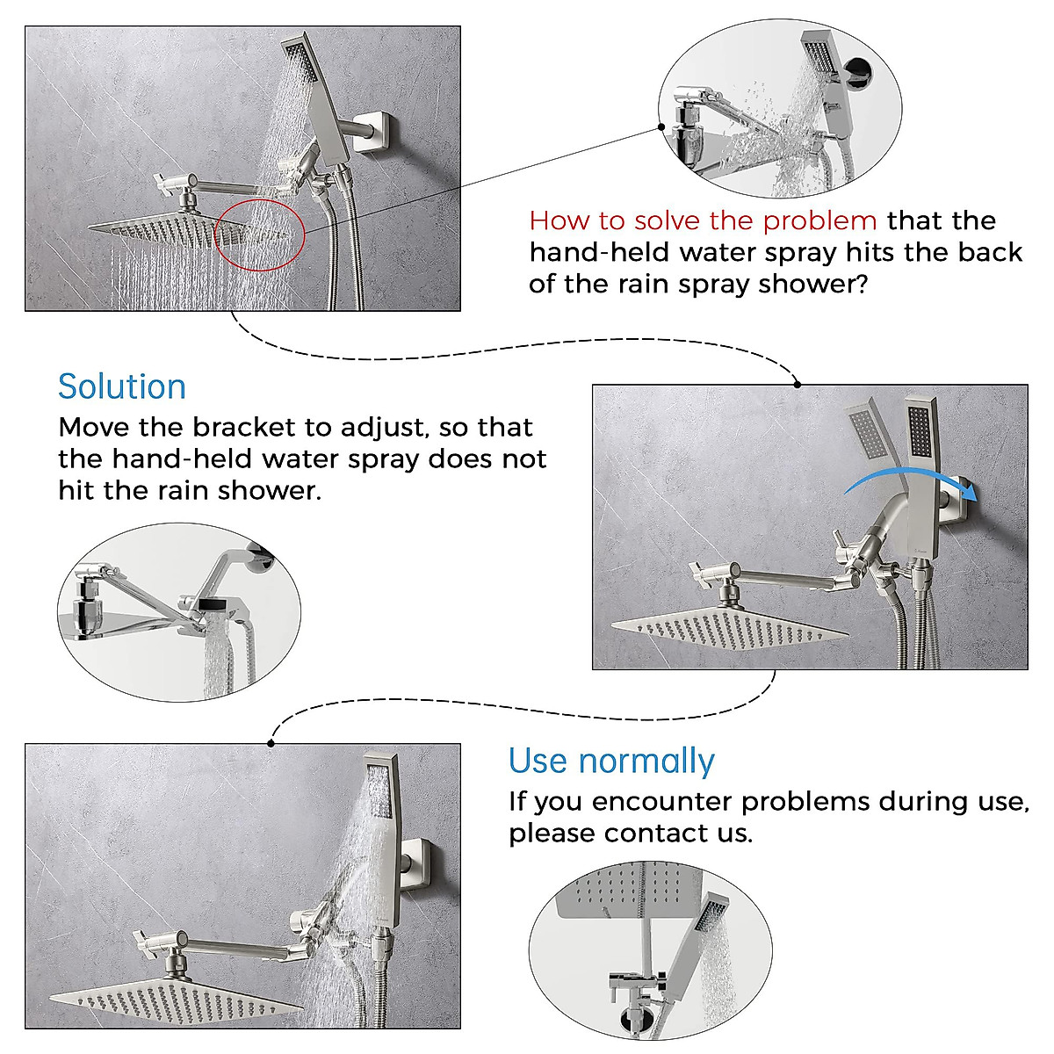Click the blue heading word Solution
tap(122, 386)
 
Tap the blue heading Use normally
tap(611, 761)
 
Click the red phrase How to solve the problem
tap(703, 220)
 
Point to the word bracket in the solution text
tap(244, 428)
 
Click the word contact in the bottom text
tap(656, 833)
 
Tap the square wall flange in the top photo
tap(383, 132)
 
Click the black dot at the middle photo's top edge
tap(797, 384)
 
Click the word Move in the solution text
tap(94, 428)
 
